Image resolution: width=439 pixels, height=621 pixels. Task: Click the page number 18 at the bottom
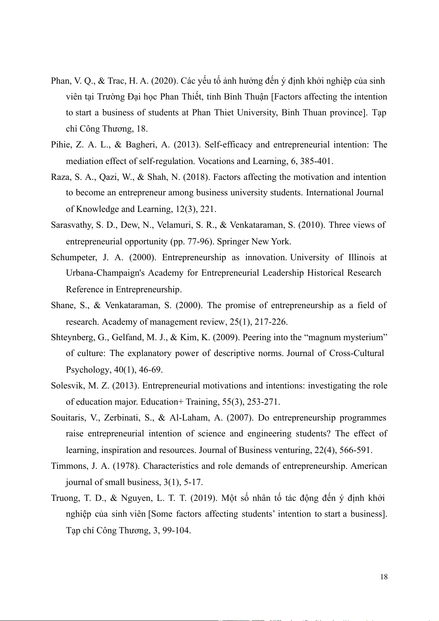(384, 577)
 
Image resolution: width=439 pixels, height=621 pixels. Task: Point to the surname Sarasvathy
(72, 225)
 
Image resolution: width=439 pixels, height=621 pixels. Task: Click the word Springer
(233, 241)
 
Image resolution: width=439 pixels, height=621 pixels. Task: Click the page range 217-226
(271, 322)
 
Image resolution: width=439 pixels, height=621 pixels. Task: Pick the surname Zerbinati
(121, 418)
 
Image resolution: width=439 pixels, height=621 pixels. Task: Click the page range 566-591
(356, 450)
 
